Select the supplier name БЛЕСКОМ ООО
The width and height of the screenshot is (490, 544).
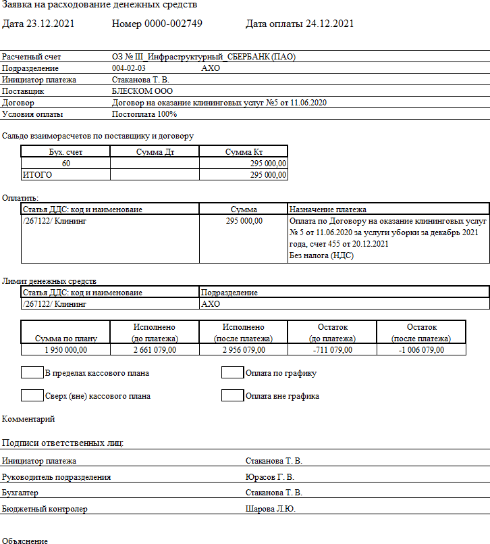pos(142,91)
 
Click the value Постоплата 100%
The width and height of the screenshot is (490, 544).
pos(144,114)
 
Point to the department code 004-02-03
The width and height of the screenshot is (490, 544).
pos(129,68)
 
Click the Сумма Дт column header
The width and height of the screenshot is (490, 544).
pos(155,152)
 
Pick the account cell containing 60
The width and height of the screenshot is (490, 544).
pos(66,164)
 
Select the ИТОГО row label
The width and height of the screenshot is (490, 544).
pos(38,175)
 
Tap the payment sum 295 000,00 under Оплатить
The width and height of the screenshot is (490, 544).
pos(244,221)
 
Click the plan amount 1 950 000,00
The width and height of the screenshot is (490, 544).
pos(65,349)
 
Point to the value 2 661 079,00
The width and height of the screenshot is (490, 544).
pos(155,349)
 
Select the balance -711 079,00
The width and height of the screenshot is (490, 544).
pos(332,349)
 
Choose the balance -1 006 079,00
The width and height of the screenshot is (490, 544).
pos(421,349)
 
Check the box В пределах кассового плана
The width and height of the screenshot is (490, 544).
pos(32,372)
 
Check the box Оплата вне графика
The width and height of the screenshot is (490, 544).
pos(232,396)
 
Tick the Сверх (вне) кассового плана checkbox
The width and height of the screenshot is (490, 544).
pos(32,396)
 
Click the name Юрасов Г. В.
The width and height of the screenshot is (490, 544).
pos(270,477)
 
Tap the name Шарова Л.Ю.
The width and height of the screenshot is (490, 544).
pos(271,509)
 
